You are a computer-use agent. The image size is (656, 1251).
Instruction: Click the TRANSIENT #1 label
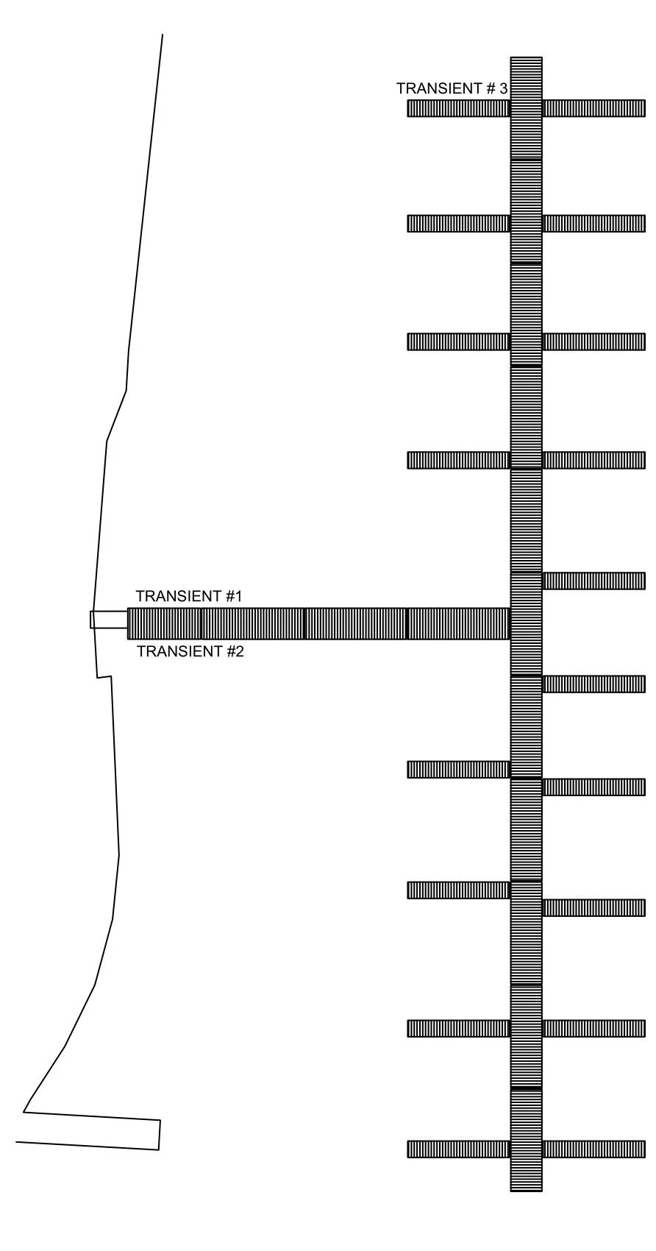[189, 596]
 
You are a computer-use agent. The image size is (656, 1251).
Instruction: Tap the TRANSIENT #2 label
[190, 651]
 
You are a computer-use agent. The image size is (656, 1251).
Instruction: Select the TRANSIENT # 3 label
[452, 88]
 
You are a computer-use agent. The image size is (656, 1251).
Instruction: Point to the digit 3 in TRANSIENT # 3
[503, 88]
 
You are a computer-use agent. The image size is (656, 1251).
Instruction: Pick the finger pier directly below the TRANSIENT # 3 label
[459, 108]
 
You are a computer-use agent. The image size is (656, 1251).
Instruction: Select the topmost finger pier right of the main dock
[594, 108]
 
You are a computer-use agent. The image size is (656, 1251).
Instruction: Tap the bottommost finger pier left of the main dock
[459, 1149]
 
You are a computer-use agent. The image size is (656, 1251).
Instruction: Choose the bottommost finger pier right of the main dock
[594, 1149]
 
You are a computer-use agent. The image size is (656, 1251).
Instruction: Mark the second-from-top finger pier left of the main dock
[459, 223]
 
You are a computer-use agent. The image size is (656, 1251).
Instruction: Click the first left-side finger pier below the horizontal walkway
[459, 769]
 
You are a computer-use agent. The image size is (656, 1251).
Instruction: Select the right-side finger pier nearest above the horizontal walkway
[594, 581]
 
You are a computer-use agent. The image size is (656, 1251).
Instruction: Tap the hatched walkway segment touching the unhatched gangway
[165, 623]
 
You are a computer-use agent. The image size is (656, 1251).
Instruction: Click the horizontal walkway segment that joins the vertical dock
[459, 623]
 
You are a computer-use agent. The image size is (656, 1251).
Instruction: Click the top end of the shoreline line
[162, 35]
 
